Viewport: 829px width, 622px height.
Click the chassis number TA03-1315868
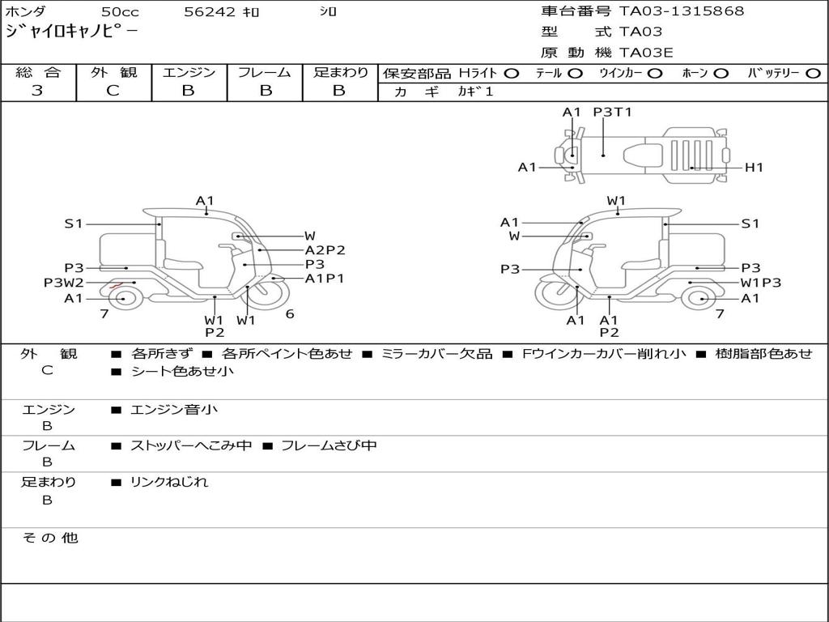click(682, 11)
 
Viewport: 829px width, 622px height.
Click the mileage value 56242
click(210, 12)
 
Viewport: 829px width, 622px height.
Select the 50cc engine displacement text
click(119, 12)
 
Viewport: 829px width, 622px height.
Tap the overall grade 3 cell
click(37, 91)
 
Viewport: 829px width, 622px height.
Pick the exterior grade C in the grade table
click(113, 91)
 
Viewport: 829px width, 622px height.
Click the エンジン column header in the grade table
click(189, 73)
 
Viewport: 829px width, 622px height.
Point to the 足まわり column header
click(340, 73)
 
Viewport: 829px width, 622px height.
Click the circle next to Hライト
click(511, 74)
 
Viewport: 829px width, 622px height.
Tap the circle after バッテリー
click(813, 74)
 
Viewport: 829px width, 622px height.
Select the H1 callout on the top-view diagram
click(754, 168)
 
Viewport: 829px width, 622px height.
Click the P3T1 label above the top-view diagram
click(612, 113)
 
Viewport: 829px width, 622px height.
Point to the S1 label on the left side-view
click(74, 224)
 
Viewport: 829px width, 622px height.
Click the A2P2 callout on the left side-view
click(325, 250)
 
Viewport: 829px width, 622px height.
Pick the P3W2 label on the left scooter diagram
click(63, 283)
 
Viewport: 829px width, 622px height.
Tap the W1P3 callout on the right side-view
click(761, 283)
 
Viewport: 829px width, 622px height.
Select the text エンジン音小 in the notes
click(173, 410)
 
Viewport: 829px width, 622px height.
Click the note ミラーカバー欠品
click(436, 354)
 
